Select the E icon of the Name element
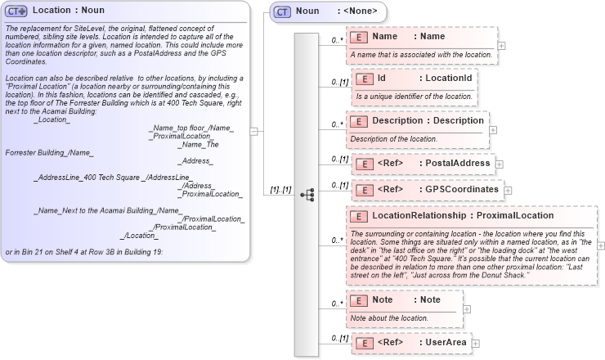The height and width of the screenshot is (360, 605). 358,37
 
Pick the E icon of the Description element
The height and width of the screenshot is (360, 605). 358,121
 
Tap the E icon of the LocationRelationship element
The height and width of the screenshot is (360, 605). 358,216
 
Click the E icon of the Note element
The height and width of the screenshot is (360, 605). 358,300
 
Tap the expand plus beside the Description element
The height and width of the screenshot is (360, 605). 493,129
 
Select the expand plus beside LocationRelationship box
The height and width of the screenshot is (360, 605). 602,245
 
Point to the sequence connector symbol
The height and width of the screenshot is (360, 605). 307,195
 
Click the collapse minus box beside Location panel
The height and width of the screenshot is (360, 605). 255,130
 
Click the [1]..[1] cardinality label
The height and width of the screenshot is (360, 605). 280,191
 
